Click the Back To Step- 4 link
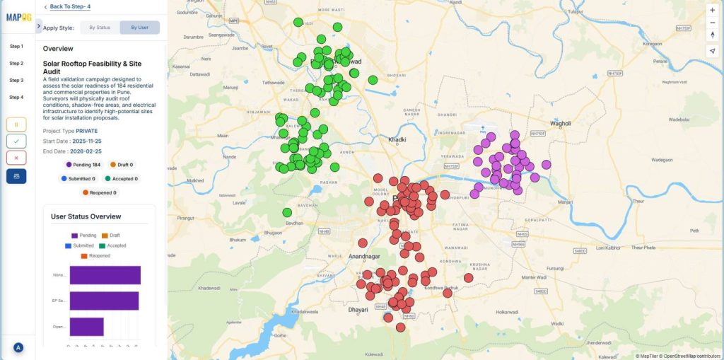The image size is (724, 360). coord(69,6)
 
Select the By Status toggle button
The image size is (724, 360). coord(99,28)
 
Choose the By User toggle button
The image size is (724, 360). coord(139,28)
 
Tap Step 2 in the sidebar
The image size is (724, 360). coord(16,64)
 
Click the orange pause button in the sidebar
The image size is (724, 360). coord(16,124)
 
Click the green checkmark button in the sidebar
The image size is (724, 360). coord(16,141)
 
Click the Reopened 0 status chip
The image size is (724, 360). coord(99,192)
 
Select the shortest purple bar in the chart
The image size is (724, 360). coord(86,327)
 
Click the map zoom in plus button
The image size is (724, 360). coord(712,10)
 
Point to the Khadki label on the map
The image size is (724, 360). coord(397,140)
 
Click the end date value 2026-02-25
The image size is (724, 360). coord(86,151)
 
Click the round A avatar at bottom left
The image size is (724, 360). coord(18,348)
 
